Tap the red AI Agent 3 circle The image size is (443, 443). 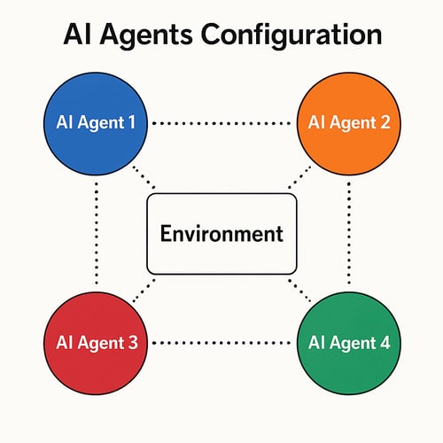93,341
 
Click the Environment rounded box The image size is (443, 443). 221,234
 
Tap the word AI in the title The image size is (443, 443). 80,35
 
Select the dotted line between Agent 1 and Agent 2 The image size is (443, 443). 221,123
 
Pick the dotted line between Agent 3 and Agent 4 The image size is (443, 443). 221,342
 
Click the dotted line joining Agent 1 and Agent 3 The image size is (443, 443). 95,232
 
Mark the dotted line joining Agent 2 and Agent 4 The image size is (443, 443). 349,232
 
